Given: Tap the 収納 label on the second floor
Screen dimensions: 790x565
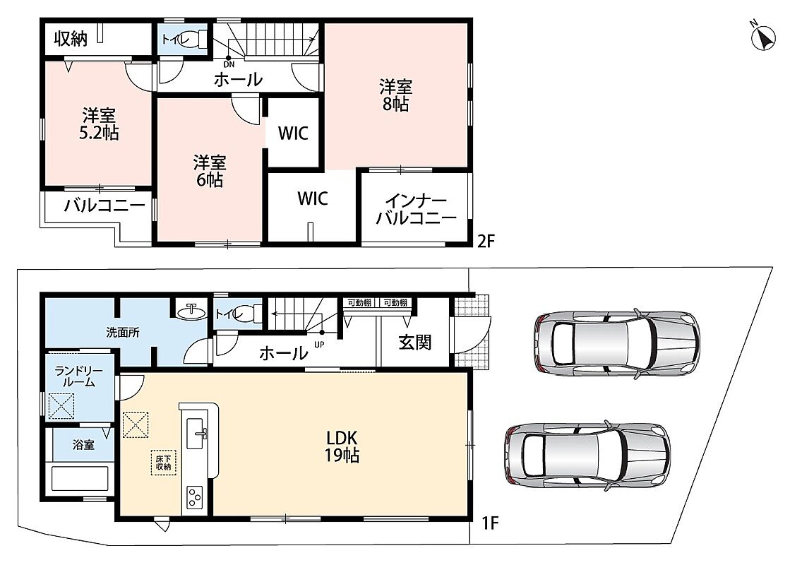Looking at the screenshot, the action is pos(71,38).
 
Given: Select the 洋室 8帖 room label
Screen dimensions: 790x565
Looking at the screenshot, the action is pos(395,95).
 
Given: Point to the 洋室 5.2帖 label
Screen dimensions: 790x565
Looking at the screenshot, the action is pos(99,124).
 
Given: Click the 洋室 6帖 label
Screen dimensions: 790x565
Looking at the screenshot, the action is pos(210,172).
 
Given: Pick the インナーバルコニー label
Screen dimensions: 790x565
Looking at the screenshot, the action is pos(416,209).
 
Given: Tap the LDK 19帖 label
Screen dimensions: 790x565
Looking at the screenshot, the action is pos(342,446).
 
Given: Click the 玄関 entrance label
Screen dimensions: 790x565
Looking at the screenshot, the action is pos(415,343).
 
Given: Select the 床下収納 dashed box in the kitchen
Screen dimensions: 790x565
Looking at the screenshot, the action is pos(163,463).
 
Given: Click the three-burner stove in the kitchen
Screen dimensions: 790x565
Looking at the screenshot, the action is pos(194,497).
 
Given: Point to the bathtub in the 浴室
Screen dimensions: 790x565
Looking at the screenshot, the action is pos(80,478).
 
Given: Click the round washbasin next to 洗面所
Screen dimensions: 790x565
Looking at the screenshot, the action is pos(191,311).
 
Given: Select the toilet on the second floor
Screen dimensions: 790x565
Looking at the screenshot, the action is pos(194,39).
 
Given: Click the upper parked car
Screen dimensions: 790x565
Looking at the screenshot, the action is pos(617,343).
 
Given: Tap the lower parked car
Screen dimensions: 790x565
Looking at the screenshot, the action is pos(587,455).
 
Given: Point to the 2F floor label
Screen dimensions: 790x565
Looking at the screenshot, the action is pos(486,242).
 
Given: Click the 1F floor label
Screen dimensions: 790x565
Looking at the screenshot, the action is pos(490,523).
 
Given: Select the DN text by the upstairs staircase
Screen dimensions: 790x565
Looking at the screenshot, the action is pos(229,64).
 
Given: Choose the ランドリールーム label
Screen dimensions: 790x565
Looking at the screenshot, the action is pos(78,376).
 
